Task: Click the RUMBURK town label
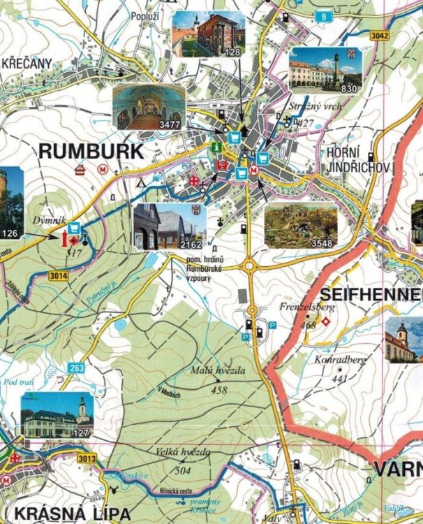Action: [x=91, y=152]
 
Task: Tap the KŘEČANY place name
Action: [x=27, y=64]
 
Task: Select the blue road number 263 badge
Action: [x=76, y=367]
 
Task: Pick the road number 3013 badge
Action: [x=88, y=458]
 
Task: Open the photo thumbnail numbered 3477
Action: [x=148, y=108]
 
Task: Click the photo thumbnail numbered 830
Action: [x=325, y=70]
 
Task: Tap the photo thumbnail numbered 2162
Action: [x=170, y=226]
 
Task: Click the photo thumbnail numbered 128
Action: [x=208, y=34]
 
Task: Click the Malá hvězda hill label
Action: [x=218, y=371]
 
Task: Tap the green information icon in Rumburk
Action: [x=217, y=147]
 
